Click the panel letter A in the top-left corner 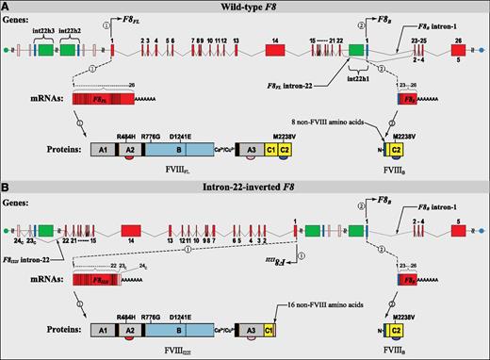(x=7, y=7)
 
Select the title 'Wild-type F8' (x=244, y=7)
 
